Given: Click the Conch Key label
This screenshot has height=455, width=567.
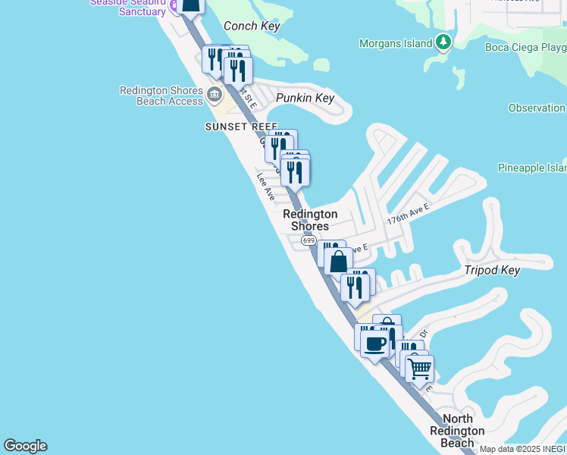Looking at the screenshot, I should (252, 27).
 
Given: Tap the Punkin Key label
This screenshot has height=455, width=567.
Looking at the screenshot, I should (305, 99).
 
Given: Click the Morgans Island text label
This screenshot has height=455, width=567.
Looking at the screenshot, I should (396, 43).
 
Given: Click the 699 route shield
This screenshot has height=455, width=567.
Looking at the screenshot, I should (308, 240).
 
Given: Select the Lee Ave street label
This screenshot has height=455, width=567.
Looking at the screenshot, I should (265, 187).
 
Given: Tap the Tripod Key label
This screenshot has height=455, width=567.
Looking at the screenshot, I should (492, 271).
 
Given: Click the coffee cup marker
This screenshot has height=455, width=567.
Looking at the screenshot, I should (374, 344).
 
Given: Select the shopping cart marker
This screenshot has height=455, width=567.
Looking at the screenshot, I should (419, 369).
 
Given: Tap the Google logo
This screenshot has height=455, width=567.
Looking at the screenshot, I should (25, 446).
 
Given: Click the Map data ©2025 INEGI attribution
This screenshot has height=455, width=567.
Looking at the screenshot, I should (523, 449).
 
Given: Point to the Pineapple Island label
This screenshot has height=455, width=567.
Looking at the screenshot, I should (531, 168).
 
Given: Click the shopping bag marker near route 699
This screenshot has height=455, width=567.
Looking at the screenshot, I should (338, 262).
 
